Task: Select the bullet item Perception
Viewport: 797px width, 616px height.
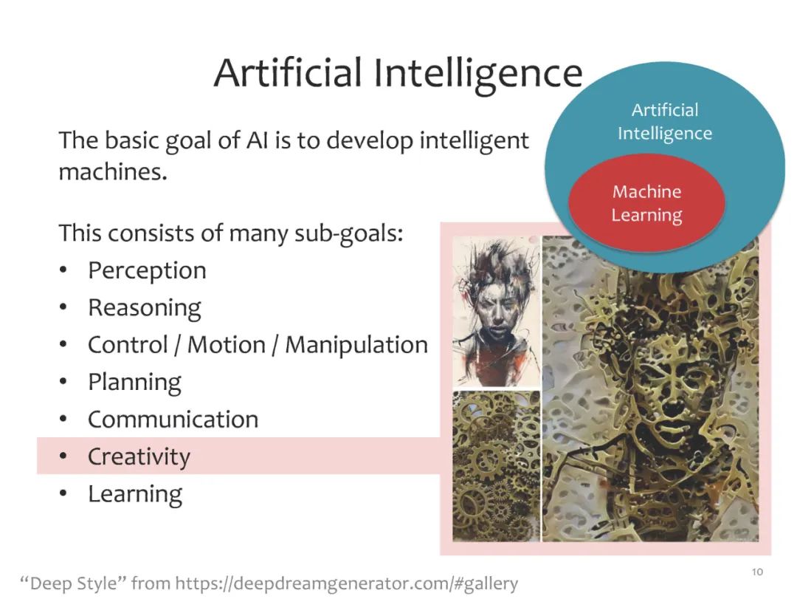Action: (x=147, y=271)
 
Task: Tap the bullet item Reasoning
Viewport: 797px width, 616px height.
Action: (x=145, y=308)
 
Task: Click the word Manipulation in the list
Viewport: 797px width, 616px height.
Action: (x=356, y=345)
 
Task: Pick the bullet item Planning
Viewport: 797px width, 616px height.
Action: (x=134, y=383)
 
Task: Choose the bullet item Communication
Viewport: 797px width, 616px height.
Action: (x=173, y=420)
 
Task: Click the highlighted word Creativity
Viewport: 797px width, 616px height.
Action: (x=139, y=456)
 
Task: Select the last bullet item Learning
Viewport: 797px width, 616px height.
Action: (x=135, y=494)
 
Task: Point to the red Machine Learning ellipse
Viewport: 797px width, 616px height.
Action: (x=646, y=202)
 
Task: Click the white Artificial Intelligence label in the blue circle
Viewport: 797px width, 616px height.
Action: (x=665, y=122)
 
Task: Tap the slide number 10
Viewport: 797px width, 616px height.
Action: (x=757, y=572)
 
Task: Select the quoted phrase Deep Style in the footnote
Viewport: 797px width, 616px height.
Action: (x=73, y=583)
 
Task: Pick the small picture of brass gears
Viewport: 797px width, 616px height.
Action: (x=496, y=466)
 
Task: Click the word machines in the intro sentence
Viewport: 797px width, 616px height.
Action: (x=112, y=172)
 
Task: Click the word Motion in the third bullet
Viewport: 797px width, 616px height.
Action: (x=227, y=345)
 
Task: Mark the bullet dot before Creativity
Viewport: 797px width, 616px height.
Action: (x=63, y=456)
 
